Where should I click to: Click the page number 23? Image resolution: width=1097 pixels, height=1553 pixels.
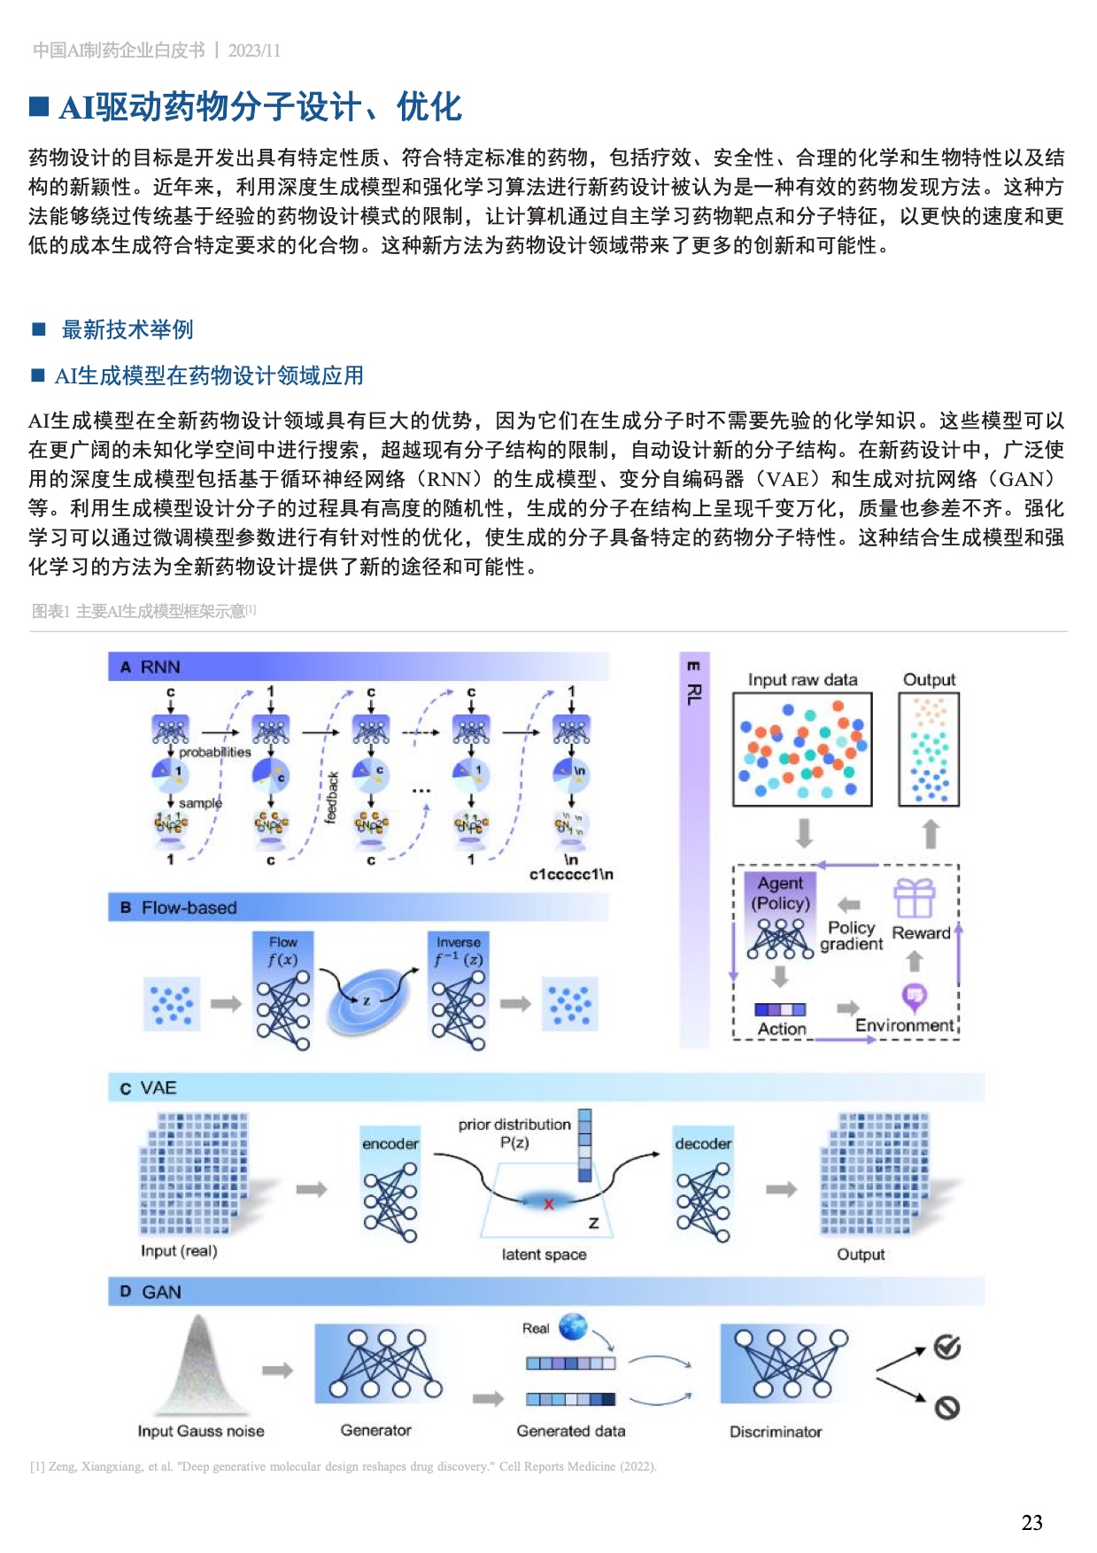pos(1031,1522)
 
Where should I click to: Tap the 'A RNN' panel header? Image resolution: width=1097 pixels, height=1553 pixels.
pos(151,667)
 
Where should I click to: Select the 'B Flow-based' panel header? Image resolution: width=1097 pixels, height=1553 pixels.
pos(179,908)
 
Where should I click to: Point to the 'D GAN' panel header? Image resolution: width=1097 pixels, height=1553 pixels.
pos(151,1292)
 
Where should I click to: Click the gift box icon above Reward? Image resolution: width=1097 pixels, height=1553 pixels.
pos(914,898)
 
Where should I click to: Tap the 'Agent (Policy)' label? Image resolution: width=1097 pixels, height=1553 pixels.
pos(780,892)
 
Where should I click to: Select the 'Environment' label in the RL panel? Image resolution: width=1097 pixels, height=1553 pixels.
pos(904,1025)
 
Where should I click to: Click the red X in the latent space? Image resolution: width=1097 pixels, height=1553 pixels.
pos(548,1204)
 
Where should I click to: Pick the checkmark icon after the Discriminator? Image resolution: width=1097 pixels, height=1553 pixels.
pos(946,1348)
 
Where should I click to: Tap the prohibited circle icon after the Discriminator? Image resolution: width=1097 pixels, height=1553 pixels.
pos(946,1407)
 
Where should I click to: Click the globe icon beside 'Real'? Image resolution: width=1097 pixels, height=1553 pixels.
pos(573,1326)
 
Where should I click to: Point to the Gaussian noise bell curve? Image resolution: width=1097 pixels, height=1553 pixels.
pos(199,1367)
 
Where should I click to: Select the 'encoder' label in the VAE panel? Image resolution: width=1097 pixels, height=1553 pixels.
pos(390,1143)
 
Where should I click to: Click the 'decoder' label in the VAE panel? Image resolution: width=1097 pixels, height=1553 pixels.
pos(703,1143)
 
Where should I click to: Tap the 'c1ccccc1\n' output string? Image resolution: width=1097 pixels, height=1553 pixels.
pos(571,875)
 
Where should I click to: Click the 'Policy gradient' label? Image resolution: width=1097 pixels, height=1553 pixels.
pos(851,935)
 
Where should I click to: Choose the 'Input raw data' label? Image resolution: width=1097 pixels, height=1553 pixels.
pos(802,679)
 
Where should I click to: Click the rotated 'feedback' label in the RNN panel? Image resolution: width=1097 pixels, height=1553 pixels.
pos(333,797)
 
